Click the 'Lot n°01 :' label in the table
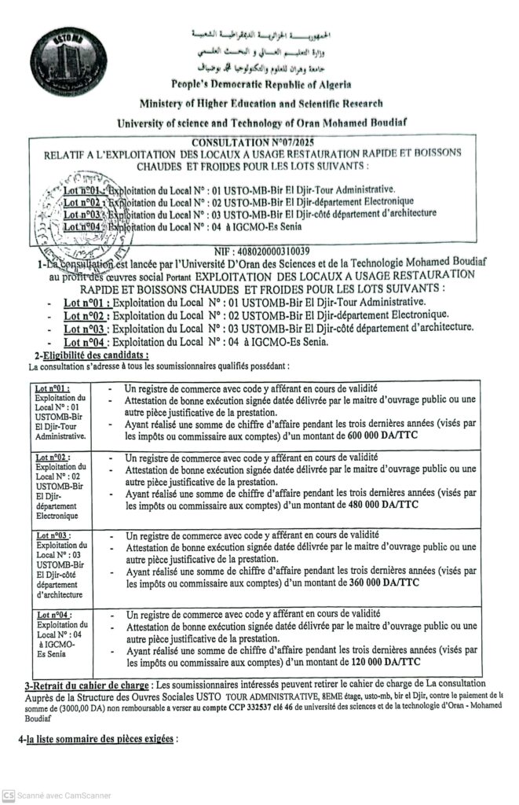pyautogui.click(x=53, y=389)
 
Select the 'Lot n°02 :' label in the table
pyautogui.click(x=53, y=457)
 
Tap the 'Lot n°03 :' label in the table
pyautogui.click(x=53, y=536)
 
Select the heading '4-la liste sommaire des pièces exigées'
pyautogui.click(x=97, y=740)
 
